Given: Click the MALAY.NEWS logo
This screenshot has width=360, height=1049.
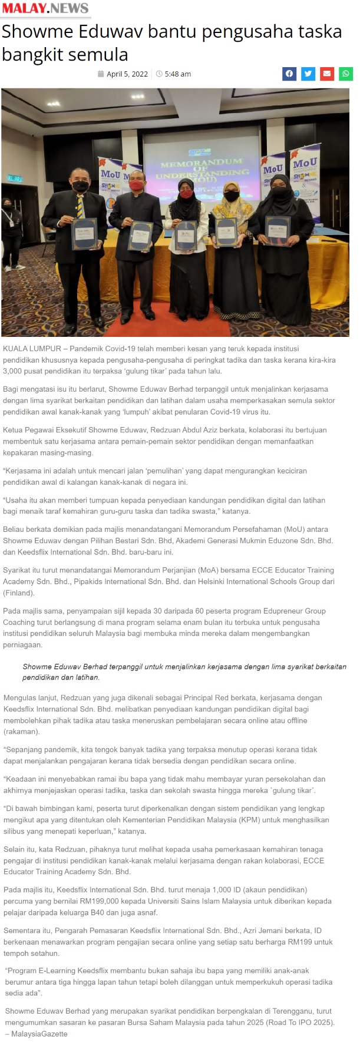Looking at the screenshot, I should (x=45, y=8).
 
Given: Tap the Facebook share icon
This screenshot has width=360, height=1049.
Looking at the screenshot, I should (x=289, y=74).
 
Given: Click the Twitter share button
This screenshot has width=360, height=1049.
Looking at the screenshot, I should (x=308, y=74).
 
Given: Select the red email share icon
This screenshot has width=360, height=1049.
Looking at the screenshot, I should (x=327, y=74).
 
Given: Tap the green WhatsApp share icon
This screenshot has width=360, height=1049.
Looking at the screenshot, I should (x=346, y=74).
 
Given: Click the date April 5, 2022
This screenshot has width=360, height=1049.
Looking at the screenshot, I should (x=127, y=74).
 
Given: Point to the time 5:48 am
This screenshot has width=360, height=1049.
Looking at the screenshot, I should (x=177, y=74).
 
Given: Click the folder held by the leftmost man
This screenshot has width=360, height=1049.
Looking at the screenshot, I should (x=84, y=234).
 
